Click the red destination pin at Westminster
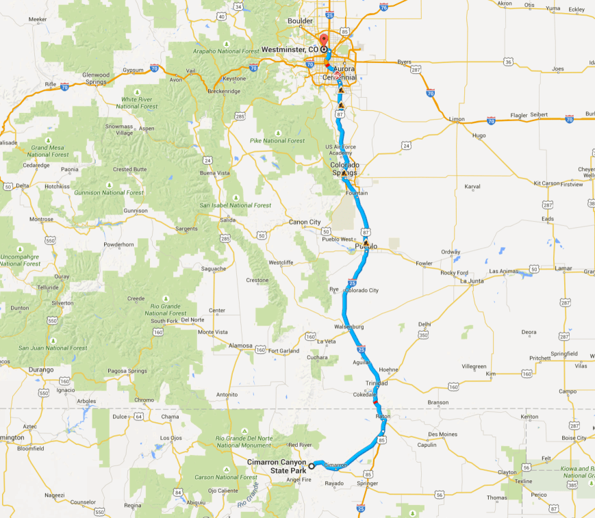pyautogui.click(x=325, y=39)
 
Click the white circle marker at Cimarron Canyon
pyautogui.click(x=311, y=466)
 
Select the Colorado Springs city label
pyautogui.click(x=344, y=169)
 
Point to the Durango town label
pyautogui.click(x=41, y=370)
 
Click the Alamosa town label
pyautogui.click(x=240, y=346)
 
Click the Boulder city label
pyautogui.click(x=300, y=21)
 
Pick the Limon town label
pyautogui.click(x=457, y=119)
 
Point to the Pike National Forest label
pyautogui.click(x=277, y=141)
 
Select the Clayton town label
pyautogui.click(x=507, y=472)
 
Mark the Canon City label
pyautogui.click(x=305, y=222)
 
